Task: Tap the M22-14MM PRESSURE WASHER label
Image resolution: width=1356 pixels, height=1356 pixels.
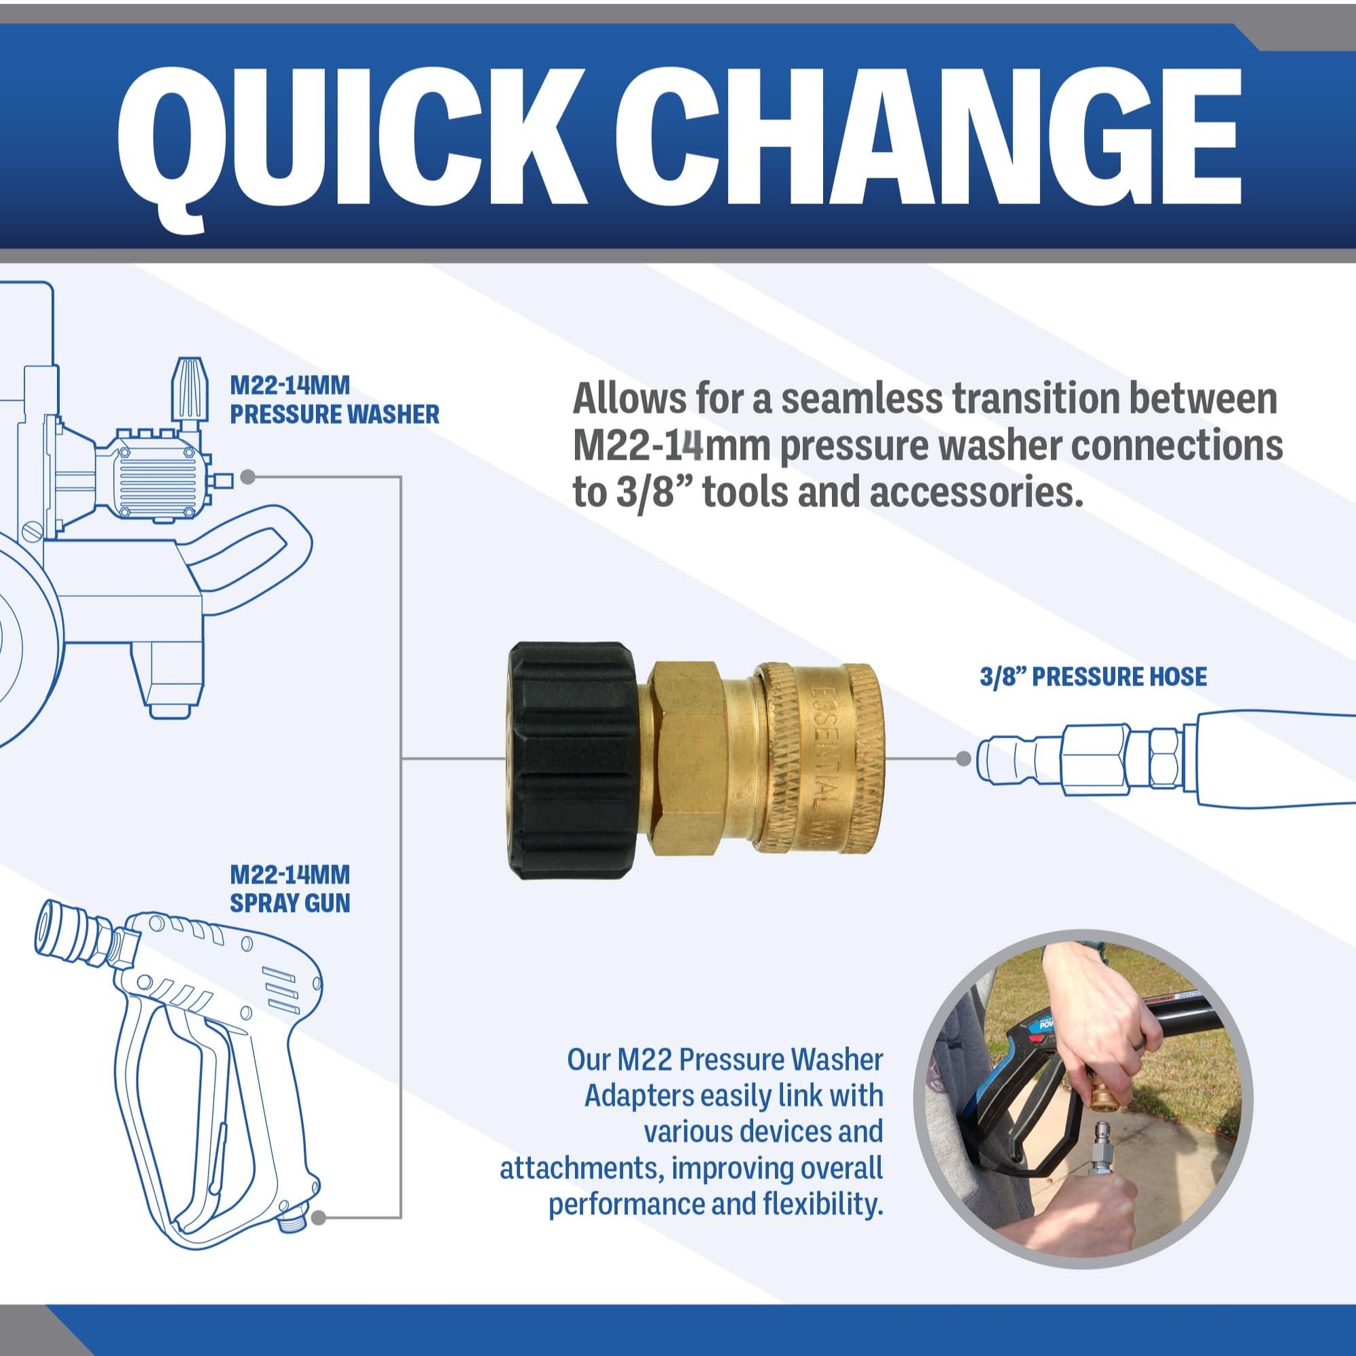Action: (x=334, y=400)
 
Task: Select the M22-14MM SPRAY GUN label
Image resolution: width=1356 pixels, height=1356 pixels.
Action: (x=290, y=888)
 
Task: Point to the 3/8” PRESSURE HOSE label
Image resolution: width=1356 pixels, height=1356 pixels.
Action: (x=1093, y=676)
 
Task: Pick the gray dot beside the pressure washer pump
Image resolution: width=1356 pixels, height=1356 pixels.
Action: (x=247, y=476)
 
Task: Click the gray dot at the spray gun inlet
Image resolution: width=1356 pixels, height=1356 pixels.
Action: (x=318, y=1218)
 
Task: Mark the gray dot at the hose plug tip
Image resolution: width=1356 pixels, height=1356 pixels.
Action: (x=964, y=758)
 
